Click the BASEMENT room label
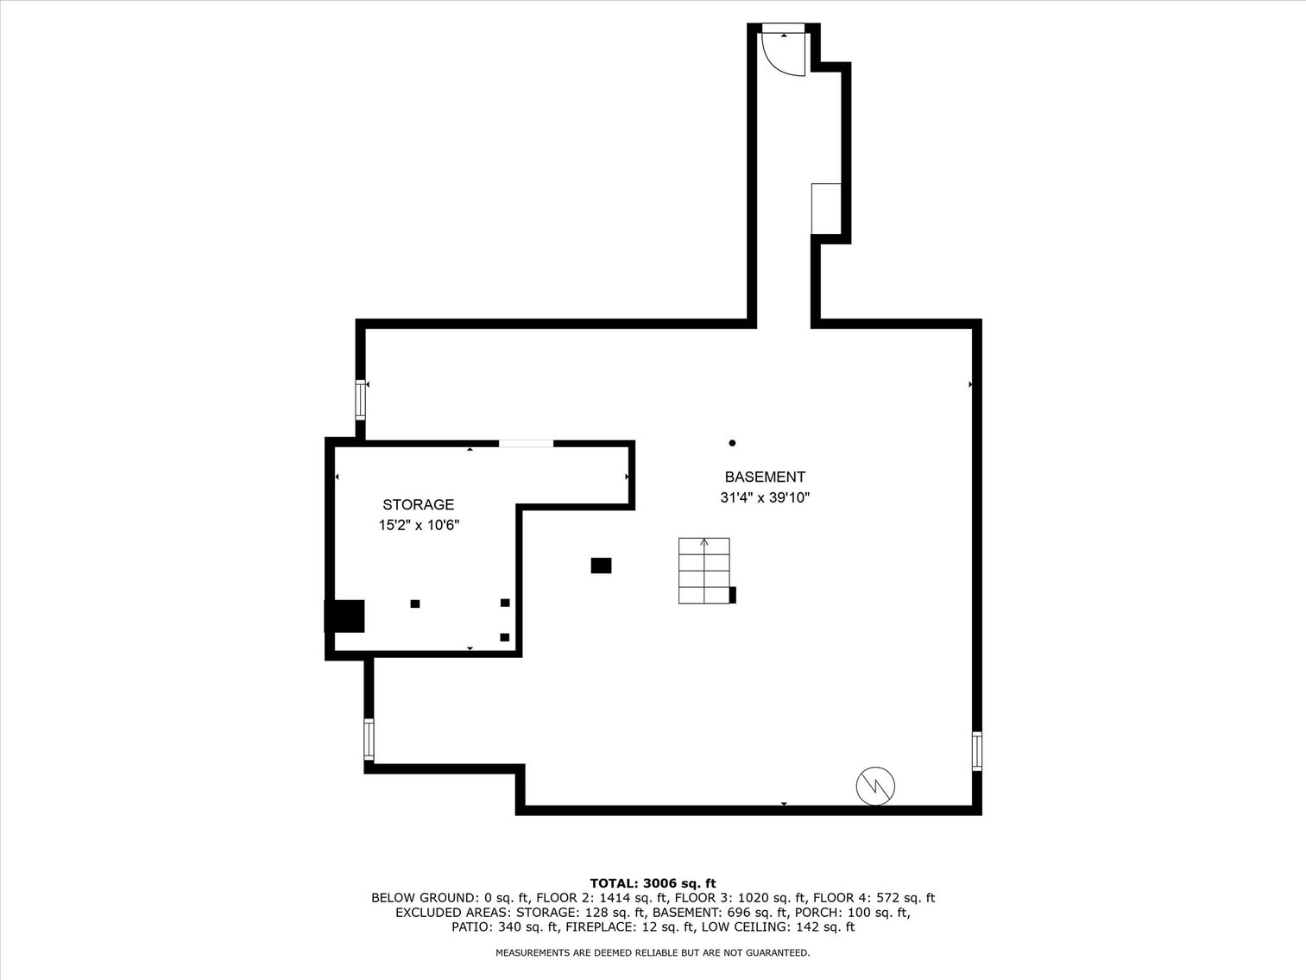pyautogui.click(x=764, y=477)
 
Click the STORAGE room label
pyautogui.click(x=418, y=504)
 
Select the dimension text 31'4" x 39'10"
pyautogui.click(x=764, y=498)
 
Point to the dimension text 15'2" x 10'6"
pyautogui.click(x=419, y=525)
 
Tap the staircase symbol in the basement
pyautogui.click(x=704, y=571)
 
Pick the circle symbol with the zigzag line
pyautogui.click(x=874, y=786)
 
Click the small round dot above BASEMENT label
pyautogui.click(x=732, y=443)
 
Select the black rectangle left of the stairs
pyautogui.click(x=601, y=566)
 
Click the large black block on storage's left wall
pyautogui.click(x=345, y=616)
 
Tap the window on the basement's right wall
pyautogui.click(x=977, y=750)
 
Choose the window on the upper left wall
pyautogui.click(x=361, y=400)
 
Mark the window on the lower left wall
pyautogui.click(x=369, y=740)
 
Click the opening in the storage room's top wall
pyautogui.click(x=526, y=444)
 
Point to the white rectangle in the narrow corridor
pyautogui.click(x=826, y=208)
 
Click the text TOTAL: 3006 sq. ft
pyautogui.click(x=653, y=882)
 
